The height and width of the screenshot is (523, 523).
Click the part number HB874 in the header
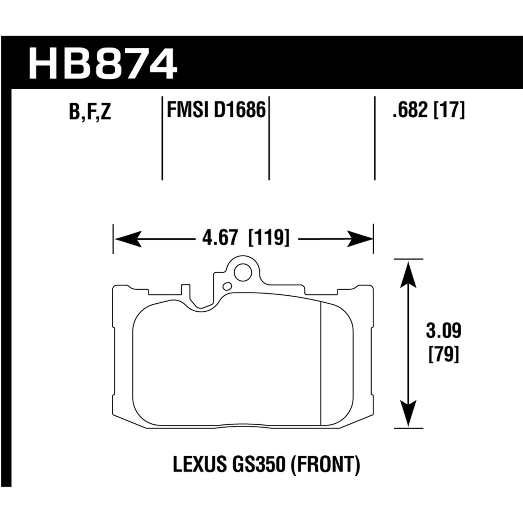(102, 65)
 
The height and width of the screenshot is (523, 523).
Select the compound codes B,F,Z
(90, 112)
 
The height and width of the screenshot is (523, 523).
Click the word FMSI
(187, 110)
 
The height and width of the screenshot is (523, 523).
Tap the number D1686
(240, 110)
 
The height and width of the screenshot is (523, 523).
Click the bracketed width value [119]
(268, 239)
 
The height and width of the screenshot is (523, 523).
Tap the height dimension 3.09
(443, 331)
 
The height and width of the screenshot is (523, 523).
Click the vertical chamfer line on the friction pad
(320, 363)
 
